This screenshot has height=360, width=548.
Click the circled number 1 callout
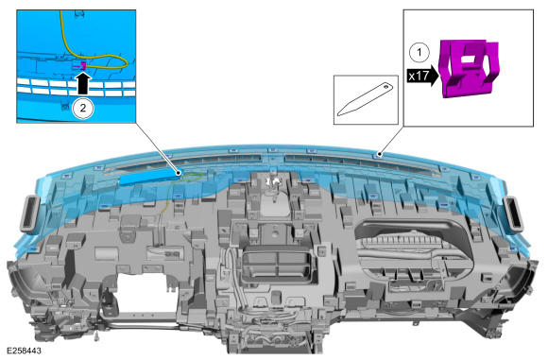[419, 53]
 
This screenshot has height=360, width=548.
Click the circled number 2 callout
[82, 108]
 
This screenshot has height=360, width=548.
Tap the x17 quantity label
[419, 76]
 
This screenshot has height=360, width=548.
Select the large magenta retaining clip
[470, 68]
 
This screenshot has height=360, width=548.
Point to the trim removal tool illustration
[366, 99]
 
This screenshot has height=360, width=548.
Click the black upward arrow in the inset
[82, 82]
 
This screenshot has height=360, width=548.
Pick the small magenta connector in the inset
[82, 65]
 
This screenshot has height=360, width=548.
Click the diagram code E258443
[25, 351]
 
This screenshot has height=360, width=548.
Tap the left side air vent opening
[32, 214]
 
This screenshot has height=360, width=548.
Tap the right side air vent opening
[513, 214]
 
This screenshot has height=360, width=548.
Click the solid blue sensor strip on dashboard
[148, 177]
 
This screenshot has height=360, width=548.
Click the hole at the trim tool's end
[385, 86]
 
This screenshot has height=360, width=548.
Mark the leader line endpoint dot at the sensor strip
[179, 173]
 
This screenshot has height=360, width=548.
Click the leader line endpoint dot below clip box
[380, 154]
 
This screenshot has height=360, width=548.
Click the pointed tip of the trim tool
[338, 114]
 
